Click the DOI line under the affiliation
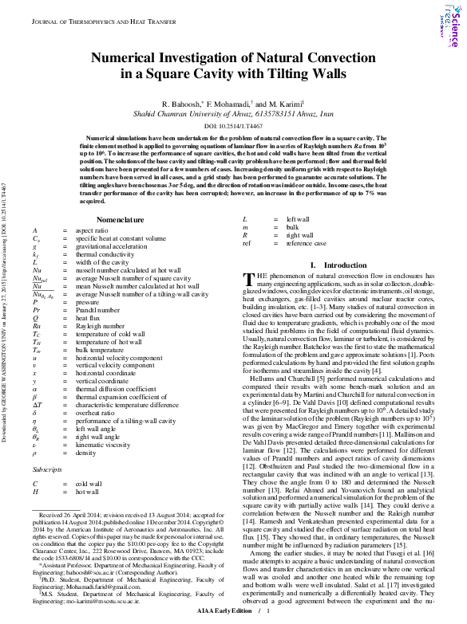(x=233, y=126)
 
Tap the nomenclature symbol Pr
(x=36, y=310)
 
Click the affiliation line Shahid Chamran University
(x=233, y=115)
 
